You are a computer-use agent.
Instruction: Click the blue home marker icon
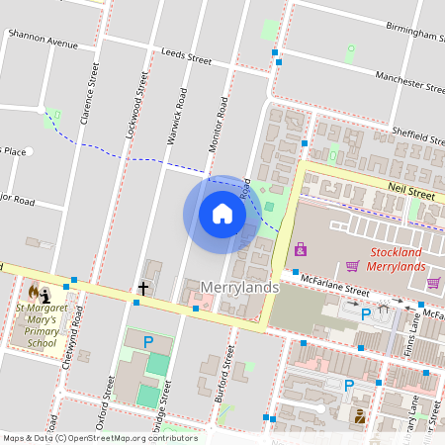click(x=222, y=214)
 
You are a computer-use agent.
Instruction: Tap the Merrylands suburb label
click(x=236, y=287)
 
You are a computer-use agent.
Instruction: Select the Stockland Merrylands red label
click(x=397, y=259)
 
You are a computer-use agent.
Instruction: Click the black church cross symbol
click(x=143, y=288)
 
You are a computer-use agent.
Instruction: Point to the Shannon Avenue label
click(x=42, y=44)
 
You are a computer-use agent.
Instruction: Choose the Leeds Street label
click(x=186, y=58)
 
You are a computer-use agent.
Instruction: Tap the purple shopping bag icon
click(x=301, y=248)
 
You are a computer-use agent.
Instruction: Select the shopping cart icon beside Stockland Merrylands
click(x=352, y=265)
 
